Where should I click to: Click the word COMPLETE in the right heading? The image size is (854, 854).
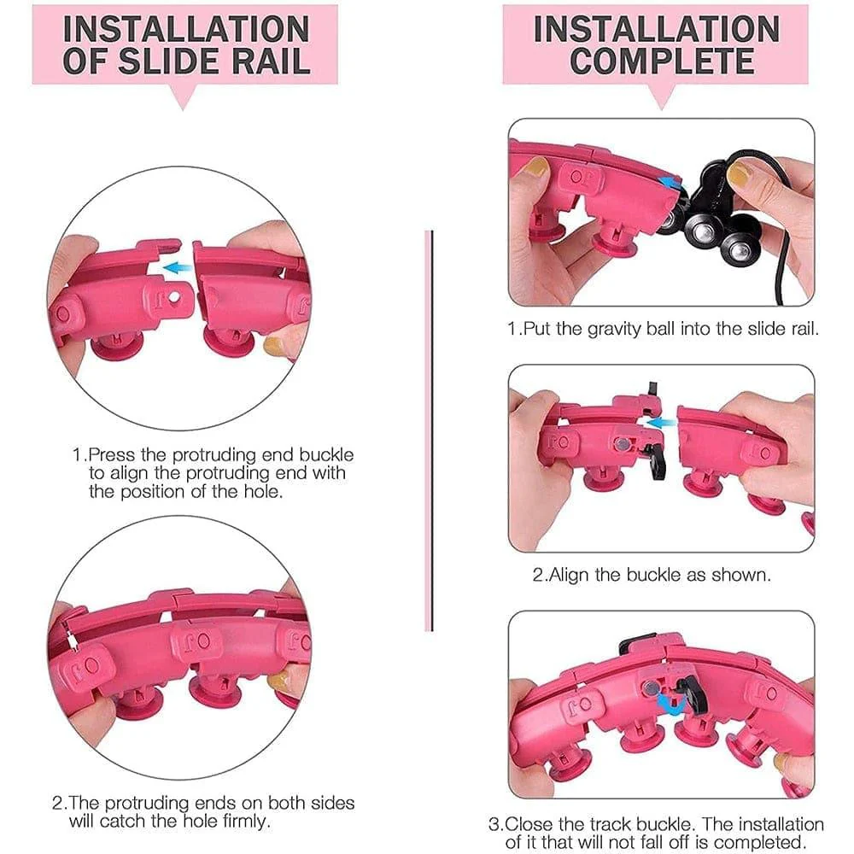[662, 61]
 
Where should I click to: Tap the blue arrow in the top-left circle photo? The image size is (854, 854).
[178, 266]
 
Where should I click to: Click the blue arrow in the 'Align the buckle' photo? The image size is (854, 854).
[658, 422]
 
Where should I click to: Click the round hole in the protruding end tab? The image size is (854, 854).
[174, 297]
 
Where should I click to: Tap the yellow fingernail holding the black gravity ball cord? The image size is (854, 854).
[739, 173]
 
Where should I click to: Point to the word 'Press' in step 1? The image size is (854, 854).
[112, 454]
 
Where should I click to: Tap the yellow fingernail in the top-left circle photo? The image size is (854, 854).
[274, 344]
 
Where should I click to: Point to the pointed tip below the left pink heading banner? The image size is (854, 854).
[184, 109]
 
